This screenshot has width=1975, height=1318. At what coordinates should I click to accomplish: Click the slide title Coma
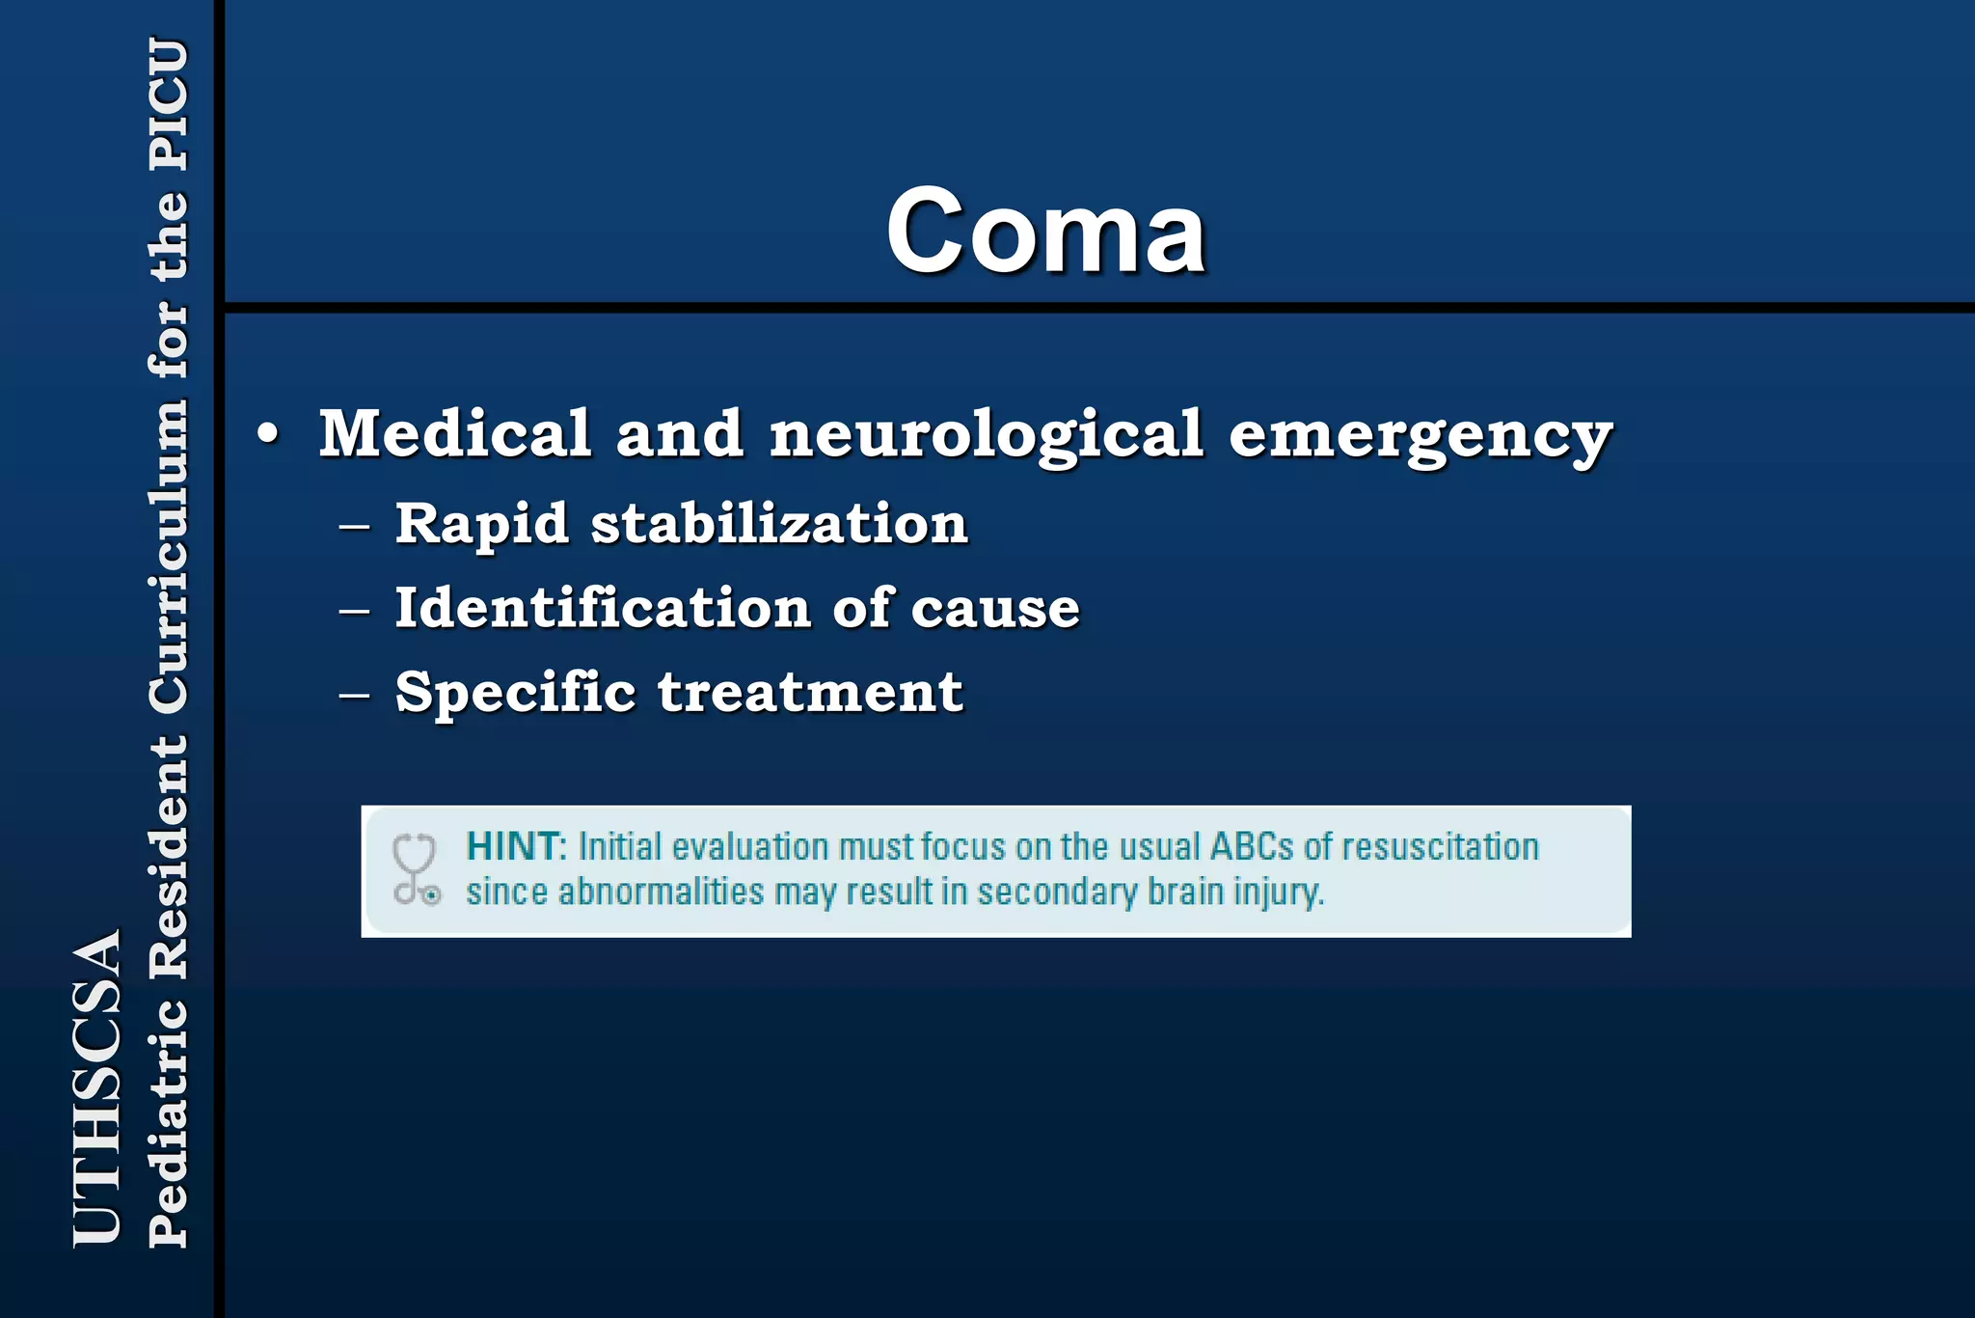click(1045, 232)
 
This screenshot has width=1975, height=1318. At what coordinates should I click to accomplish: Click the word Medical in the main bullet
click(454, 433)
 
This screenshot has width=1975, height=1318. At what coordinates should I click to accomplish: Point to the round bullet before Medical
click(269, 434)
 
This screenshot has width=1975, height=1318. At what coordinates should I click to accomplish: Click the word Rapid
click(481, 525)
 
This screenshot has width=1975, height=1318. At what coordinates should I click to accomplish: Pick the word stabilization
click(779, 524)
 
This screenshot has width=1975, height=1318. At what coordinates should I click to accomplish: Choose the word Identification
click(603, 608)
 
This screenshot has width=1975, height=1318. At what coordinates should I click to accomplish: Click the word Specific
click(515, 693)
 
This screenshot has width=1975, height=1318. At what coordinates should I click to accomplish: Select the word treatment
click(810, 693)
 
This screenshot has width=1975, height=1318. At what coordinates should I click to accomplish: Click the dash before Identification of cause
click(355, 611)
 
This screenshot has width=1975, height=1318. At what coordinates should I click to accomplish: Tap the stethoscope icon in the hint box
click(416, 869)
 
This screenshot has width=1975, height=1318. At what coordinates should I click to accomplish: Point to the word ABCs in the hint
click(1252, 847)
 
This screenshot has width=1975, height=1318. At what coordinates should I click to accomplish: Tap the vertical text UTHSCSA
click(97, 1087)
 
